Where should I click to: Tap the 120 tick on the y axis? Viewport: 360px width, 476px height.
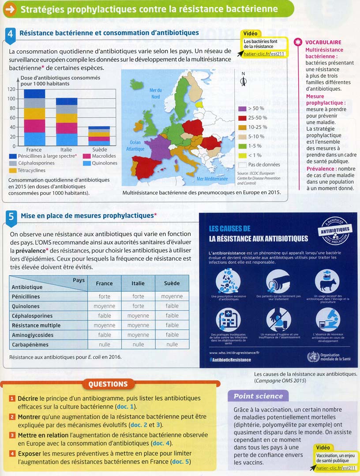11,89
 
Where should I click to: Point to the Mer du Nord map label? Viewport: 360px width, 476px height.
156,93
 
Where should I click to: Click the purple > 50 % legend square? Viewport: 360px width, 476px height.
241,108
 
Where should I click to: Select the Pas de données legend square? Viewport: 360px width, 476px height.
241,164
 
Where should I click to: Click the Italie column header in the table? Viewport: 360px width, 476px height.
138,283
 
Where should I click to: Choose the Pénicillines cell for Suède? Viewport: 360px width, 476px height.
172,297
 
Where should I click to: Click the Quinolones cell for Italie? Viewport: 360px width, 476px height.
138,306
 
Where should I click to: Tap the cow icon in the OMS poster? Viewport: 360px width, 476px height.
327,282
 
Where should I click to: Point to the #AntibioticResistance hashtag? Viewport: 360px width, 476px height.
230,360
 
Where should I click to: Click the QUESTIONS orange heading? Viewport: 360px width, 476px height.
108,384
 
